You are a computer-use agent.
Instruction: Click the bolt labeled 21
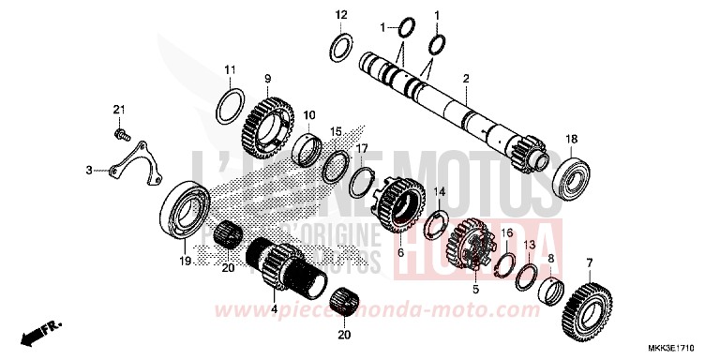click(121, 134)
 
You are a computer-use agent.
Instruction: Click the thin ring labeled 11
click(233, 106)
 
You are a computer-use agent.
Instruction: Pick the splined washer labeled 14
click(434, 224)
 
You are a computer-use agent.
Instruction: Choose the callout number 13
click(529, 243)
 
